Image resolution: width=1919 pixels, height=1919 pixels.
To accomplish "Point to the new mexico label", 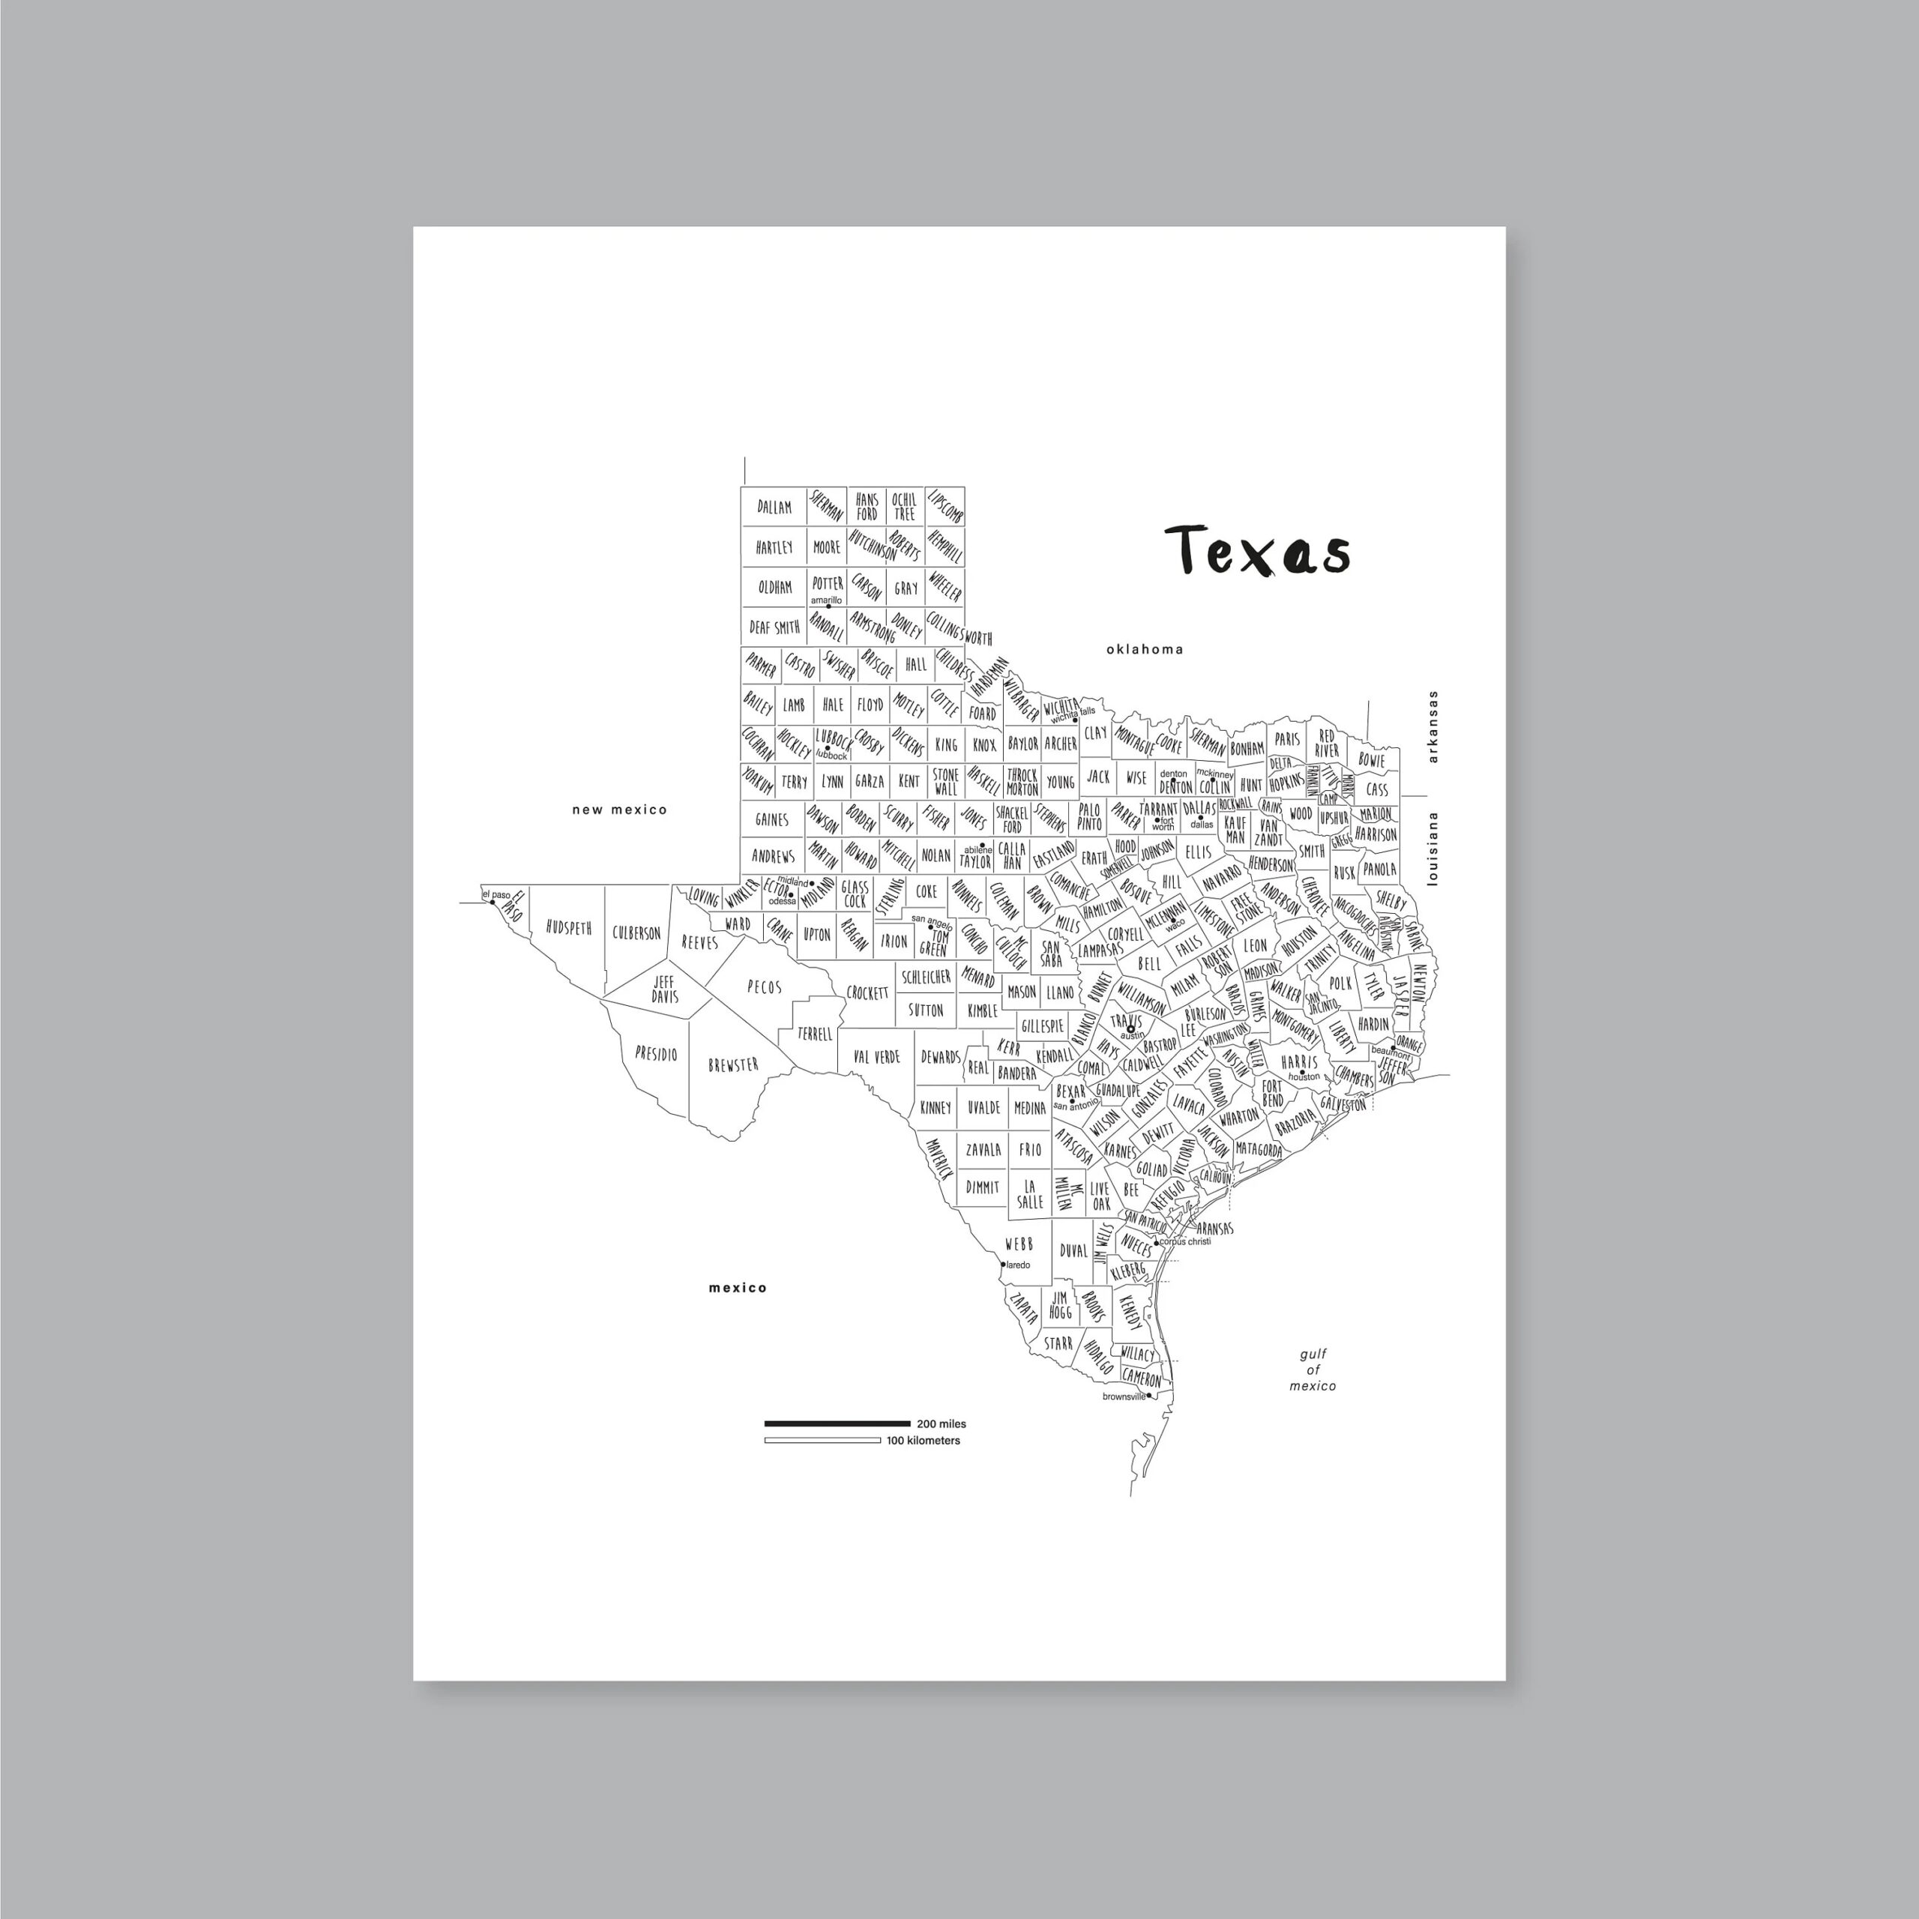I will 620,810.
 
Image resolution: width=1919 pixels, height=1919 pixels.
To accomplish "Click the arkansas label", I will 1433,727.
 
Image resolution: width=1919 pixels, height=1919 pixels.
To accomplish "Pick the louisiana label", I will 1433,849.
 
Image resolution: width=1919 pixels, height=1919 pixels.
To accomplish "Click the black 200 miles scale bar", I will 837,1424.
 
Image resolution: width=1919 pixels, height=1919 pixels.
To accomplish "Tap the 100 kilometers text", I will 923,1440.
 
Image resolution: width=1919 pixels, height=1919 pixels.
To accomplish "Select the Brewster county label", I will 733,1064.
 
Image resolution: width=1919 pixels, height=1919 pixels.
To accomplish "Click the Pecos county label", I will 764,987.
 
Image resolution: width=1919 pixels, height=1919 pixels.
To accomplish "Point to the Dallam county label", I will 775,507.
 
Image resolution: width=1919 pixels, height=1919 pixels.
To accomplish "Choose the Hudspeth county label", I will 568,929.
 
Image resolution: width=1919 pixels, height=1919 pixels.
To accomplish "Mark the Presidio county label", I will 657,1053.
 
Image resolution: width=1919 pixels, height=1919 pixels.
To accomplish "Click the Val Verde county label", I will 876,1057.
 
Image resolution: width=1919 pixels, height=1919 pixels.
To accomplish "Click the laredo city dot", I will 1002,1265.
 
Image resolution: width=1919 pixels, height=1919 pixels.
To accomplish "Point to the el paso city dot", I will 492,903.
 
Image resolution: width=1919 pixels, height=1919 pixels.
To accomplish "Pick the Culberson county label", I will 636,933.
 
